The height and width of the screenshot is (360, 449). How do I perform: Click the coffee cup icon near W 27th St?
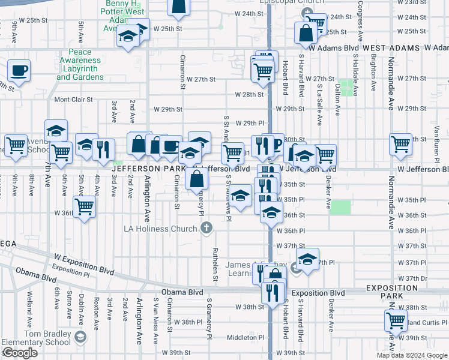pyautogui.click(x=19, y=70)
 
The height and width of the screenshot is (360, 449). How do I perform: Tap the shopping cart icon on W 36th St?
pyautogui.click(x=85, y=207)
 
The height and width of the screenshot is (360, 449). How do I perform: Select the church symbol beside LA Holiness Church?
pyautogui.click(x=206, y=227)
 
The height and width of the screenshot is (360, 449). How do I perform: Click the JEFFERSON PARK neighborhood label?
pyautogui.click(x=142, y=169)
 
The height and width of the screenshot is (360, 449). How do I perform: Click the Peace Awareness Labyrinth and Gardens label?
pyautogui.click(x=81, y=65)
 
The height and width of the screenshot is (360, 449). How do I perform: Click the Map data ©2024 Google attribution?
pyautogui.click(x=411, y=355)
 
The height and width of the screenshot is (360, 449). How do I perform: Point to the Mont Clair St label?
pyautogui.click(x=74, y=100)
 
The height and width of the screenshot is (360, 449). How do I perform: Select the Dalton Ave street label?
pyautogui.click(x=338, y=99)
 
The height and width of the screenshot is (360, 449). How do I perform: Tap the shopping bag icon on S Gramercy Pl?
pyautogui.click(x=197, y=178)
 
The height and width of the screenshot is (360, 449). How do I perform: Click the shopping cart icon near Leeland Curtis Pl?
pyautogui.click(x=396, y=321)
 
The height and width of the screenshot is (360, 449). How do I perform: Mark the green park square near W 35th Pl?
pyautogui.click(x=340, y=208)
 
